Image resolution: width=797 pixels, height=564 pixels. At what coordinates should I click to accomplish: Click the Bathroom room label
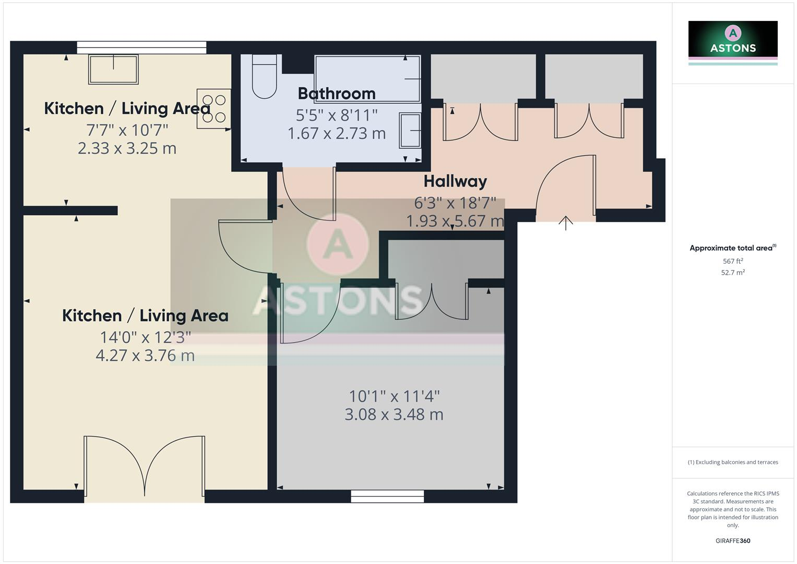(337, 93)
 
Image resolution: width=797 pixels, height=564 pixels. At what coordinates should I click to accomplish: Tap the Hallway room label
(455, 181)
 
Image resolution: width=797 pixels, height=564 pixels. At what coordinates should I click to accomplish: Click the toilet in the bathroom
(264, 77)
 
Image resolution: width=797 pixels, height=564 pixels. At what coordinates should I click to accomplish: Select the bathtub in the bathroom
(367, 79)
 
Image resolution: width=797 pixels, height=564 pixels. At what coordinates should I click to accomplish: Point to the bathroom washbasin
(410, 131)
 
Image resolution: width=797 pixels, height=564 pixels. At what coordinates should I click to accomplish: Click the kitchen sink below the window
(113, 69)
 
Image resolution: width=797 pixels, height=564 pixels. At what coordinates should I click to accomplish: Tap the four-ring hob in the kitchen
(214, 109)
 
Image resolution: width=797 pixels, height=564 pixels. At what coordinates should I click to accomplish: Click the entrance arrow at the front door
(566, 223)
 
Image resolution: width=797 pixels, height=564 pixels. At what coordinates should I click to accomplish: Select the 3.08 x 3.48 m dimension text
(394, 415)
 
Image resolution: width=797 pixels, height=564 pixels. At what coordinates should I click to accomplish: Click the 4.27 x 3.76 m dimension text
(145, 356)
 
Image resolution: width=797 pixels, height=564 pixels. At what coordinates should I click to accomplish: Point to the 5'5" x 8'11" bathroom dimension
(337, 115)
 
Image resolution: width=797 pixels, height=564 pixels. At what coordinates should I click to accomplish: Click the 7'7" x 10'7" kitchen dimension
(127, 130)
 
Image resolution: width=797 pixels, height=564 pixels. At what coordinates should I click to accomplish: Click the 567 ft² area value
(733, 261)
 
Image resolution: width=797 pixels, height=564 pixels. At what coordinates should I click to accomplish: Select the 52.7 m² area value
(733, 273)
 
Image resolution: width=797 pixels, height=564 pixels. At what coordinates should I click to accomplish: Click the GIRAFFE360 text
(733, 541)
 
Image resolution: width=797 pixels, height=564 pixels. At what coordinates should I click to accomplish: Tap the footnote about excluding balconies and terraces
(733, 462)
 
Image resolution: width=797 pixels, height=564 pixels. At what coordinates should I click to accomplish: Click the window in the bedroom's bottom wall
(387, 496)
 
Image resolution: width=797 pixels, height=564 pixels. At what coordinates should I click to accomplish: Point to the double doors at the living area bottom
(145, 467)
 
